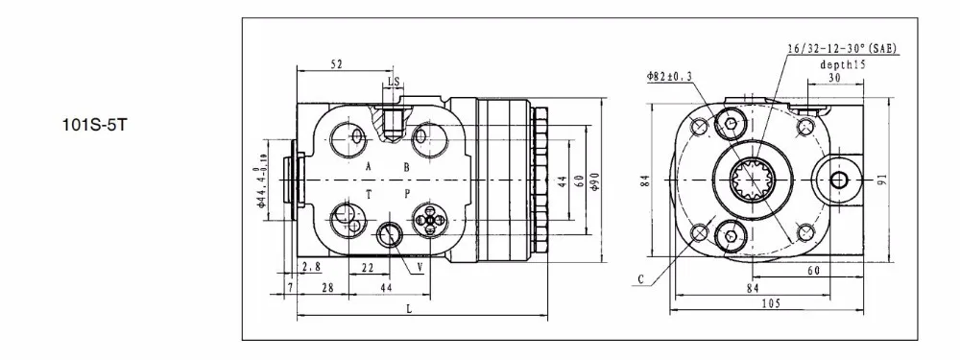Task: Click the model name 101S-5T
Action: tap(94, 126)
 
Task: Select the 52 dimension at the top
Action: tap(336, 62)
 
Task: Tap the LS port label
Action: tap(394, 82)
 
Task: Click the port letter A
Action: tap(369, 166)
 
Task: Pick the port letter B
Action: tap(406, 166)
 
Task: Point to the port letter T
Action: tap(369, 194)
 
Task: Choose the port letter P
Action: tap(406, 194)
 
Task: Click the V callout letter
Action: tap(420, 267)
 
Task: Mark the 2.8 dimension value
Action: tap(312, 266)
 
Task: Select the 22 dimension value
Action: tap(368, 267)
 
